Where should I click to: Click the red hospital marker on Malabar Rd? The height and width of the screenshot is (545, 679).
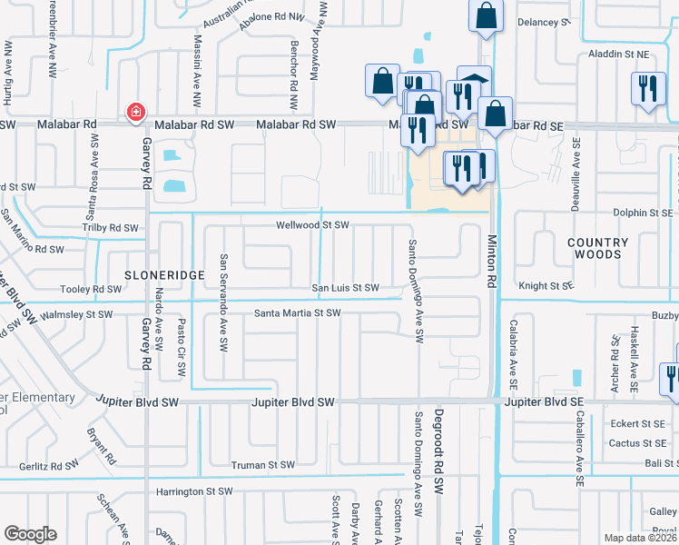[x=135, y=111]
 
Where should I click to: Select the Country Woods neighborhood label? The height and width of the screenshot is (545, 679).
[x=597, y=248]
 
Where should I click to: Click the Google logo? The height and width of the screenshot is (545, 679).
[x=30, y=534]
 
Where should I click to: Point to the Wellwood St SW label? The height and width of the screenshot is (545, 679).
[x=313, y=224]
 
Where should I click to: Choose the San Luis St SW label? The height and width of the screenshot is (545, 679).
[x=346, y=288]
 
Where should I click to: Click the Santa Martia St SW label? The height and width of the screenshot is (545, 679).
[x=297, y=313]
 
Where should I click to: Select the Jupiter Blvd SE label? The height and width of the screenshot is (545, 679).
[x=541, y=401]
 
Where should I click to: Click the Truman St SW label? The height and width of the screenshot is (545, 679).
[x=262, y=465]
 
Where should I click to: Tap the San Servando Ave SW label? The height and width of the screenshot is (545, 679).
[x=222, y=292]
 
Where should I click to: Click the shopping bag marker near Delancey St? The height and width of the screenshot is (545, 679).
[x=487, y=15]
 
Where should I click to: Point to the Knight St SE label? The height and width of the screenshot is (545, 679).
[x=547, y=285]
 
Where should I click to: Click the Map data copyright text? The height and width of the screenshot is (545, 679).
[x=640, y=538]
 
